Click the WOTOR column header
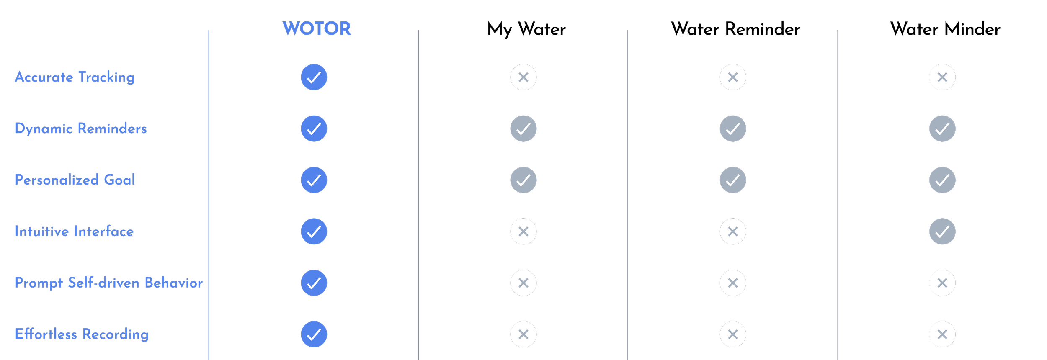317,29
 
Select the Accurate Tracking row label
75,77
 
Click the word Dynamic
44,129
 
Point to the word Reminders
112,129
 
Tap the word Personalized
57,180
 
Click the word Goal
119,180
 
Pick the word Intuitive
41,231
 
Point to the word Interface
103,231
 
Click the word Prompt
39,283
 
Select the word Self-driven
103,283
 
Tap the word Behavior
173,283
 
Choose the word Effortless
46,334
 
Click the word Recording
115,334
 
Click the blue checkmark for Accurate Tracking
314,77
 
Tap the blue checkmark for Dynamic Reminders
314,129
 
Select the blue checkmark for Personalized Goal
314,180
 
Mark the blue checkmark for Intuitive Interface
314,231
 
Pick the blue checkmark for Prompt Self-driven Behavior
314,283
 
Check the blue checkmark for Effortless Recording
314,334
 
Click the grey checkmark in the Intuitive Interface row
942,231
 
